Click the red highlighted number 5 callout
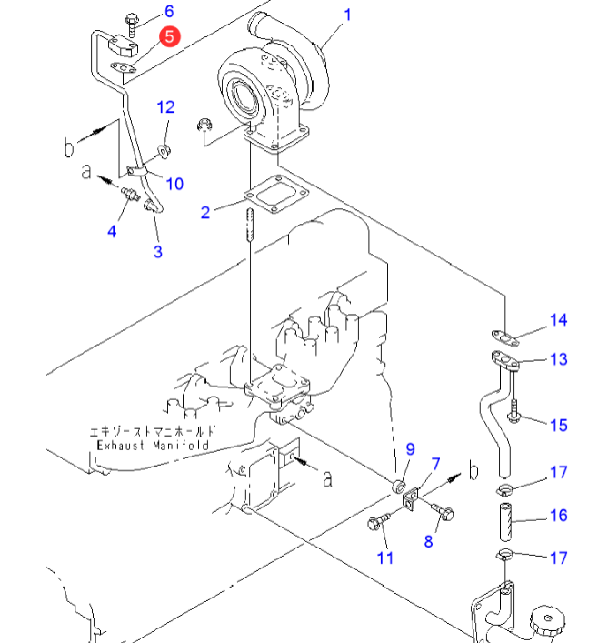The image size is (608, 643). click(170, 36)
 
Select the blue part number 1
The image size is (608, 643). click(347, 15)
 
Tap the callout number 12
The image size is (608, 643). click(165, 107)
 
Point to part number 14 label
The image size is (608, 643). click(558, 320)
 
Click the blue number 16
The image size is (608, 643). click(558, 516)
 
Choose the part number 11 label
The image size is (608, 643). click(384, 558)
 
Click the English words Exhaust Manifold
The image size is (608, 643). click(153, 446)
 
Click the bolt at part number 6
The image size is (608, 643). click(131, 25)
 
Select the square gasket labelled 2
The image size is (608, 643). click(276, 194)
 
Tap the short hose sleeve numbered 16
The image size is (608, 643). click(505, 522)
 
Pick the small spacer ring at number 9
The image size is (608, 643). click(399, 487)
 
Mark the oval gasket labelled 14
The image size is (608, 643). click(505, 337)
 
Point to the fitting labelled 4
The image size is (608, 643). click(130, 194)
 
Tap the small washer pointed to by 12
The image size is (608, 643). click(164, 150)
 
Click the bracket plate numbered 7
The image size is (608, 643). click(410, 499)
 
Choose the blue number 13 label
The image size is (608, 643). click(558, 359)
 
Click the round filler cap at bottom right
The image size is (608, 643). click(547, 622)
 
